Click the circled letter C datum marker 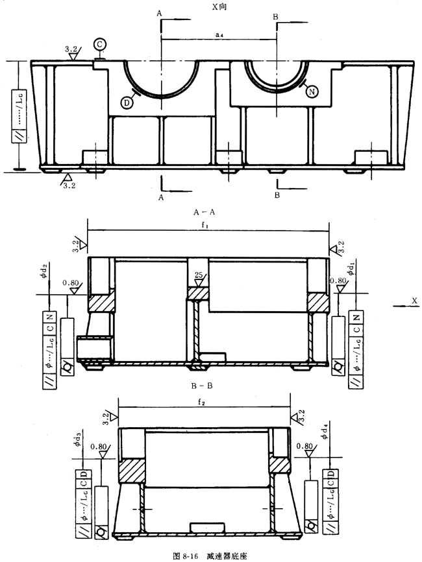coord(99,43)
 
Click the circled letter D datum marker coord(127,101)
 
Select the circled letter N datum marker coord(312,92)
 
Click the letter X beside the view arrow coord(413,301)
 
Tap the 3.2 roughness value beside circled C coord(72,49)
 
